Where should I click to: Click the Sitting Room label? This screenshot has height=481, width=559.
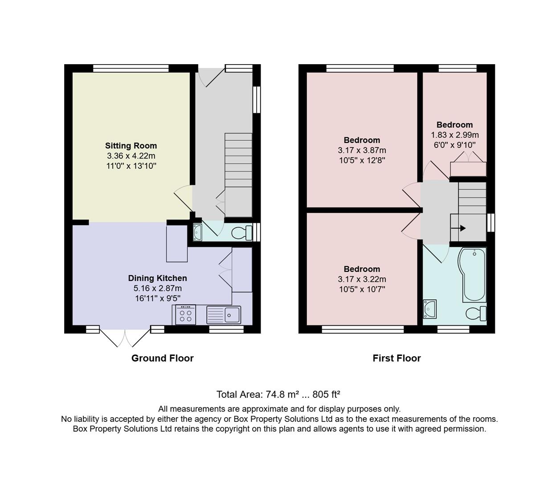pyautogui.click(x=131, y=146)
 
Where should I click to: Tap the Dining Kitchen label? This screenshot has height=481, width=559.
pyautogui.click(x=157, y=278)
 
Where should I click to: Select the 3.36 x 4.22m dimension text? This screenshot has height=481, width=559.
pyautogui.click(x=131, y=156)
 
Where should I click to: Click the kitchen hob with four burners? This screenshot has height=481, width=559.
pyautogui.click(x=185, y=315)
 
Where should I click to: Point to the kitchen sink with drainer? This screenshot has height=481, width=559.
pyautogui.click(x=224, y=315)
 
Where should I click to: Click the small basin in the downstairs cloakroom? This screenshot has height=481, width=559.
pyautogui.click(x=197, y=232)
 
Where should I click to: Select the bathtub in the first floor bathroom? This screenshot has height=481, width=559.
pyautogui.click(x=474, y=275)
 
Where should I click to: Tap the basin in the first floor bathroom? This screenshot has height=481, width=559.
pyautogui.click(x=429, y=309)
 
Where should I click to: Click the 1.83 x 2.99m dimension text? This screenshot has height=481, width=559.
pyautogui.click(x=454, y=135)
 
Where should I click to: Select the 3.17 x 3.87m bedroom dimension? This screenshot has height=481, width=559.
pyautogui.click(x=362, y=150)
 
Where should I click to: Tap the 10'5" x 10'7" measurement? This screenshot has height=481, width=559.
pyautogui.click(x=362, y=289)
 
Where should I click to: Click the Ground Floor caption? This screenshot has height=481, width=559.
pyautogui.click(x=162, y=358)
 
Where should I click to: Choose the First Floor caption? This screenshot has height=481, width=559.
pyautogui.click(x=396, y=358)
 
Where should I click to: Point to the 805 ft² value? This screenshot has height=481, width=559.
pyautogui.click(x=326, y=394)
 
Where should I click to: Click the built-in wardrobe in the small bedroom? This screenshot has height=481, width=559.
pyautogui.click(x=468, y=169)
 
